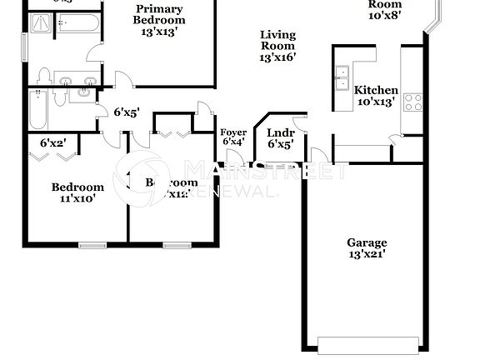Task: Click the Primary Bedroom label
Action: click(x=159, y=15)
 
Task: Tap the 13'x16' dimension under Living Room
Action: click(x=277, y=57)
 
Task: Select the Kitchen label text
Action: click(x=376, y=90)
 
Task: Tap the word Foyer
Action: click(x=232, y=132)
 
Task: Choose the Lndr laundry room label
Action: click(x=278, y=132)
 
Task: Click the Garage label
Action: click(x=367, y=243)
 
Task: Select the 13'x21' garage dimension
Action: click(x=367, y=255)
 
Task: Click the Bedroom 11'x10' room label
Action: click(x=77, y=187)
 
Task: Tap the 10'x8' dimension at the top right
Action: click(x=384, y=15)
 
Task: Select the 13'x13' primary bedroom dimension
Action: click(x=158, y=32)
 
